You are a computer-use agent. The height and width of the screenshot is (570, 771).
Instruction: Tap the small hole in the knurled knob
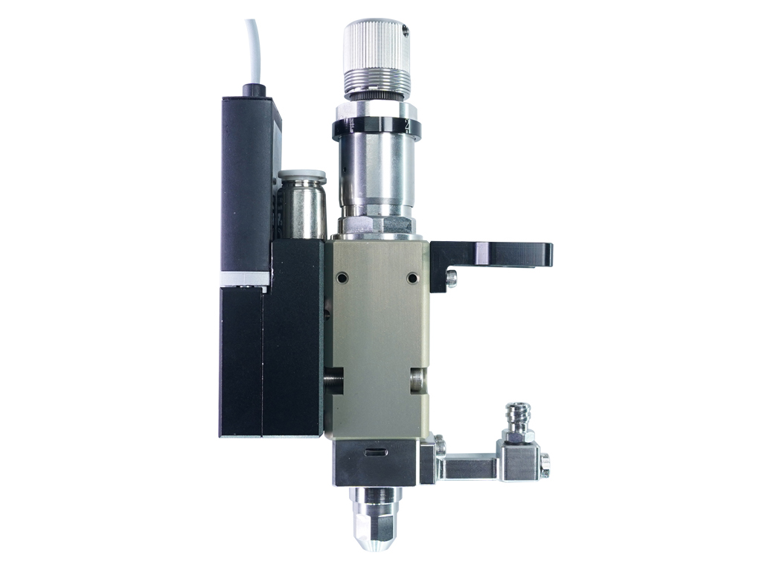tap(403, 31)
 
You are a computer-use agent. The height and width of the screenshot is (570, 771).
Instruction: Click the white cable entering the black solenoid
tap(252, 52)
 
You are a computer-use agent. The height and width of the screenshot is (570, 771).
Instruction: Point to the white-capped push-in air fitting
tap(301, 176)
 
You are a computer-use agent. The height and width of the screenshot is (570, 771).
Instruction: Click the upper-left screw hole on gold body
tap(342, 278)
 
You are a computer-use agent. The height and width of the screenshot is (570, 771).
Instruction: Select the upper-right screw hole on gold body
tap(412, 278)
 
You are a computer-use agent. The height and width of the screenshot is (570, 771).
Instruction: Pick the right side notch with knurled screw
tap(418, 380)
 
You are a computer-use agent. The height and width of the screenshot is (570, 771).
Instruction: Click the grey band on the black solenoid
tap(245, 278)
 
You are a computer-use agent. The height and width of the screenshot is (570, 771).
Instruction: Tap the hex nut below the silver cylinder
tap(376, 224)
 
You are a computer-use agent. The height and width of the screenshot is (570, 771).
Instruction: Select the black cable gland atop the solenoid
tap(255, 91)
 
